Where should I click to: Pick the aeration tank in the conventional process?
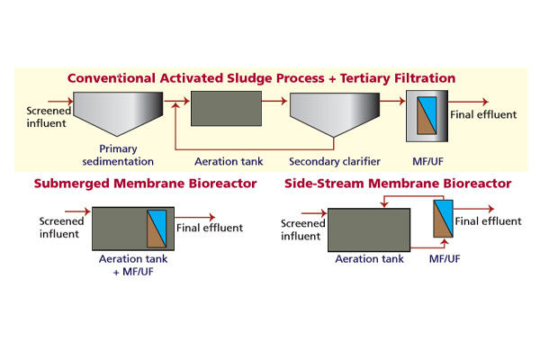click(x=226, y=109)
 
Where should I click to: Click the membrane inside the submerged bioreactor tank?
click(x=159, y=229)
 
